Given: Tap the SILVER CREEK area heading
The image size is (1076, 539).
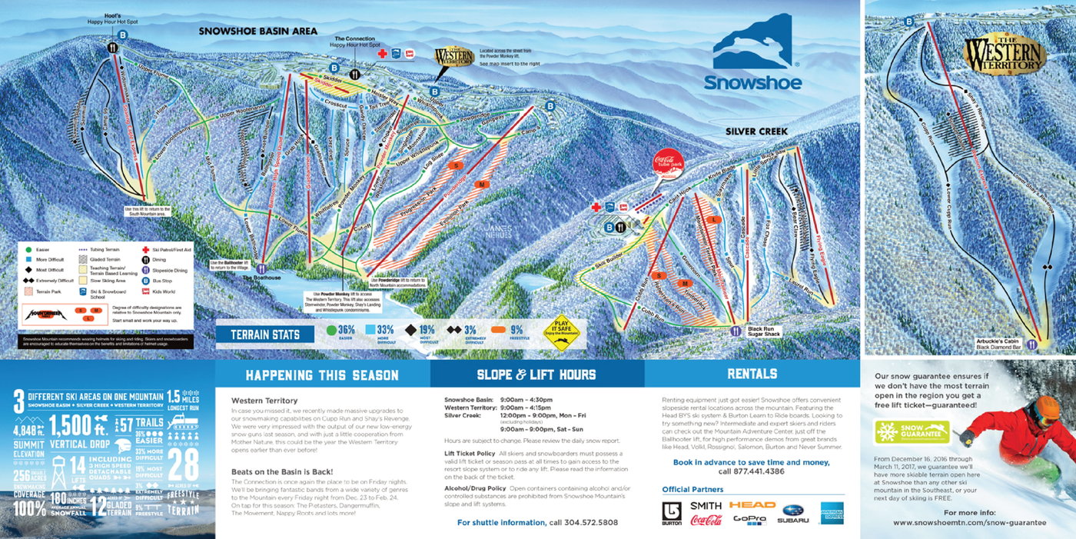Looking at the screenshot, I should [x=756, y=131].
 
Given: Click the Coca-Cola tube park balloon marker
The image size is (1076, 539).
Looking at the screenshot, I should [x=668, y=164].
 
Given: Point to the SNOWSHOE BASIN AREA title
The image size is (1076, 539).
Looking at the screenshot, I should [x=257, y=32].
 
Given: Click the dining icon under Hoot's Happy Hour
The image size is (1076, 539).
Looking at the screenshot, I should [x=113, y=47].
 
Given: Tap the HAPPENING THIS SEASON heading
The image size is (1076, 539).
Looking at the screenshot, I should [x=322, y=375].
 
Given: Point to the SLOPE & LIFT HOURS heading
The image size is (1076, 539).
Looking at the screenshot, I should [x=536, y=374].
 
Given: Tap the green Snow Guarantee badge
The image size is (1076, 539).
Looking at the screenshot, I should [x=912, y=431].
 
